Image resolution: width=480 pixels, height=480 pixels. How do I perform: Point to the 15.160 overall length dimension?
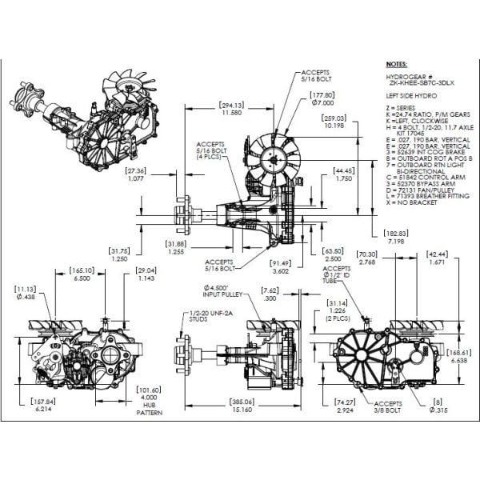[244, 409]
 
